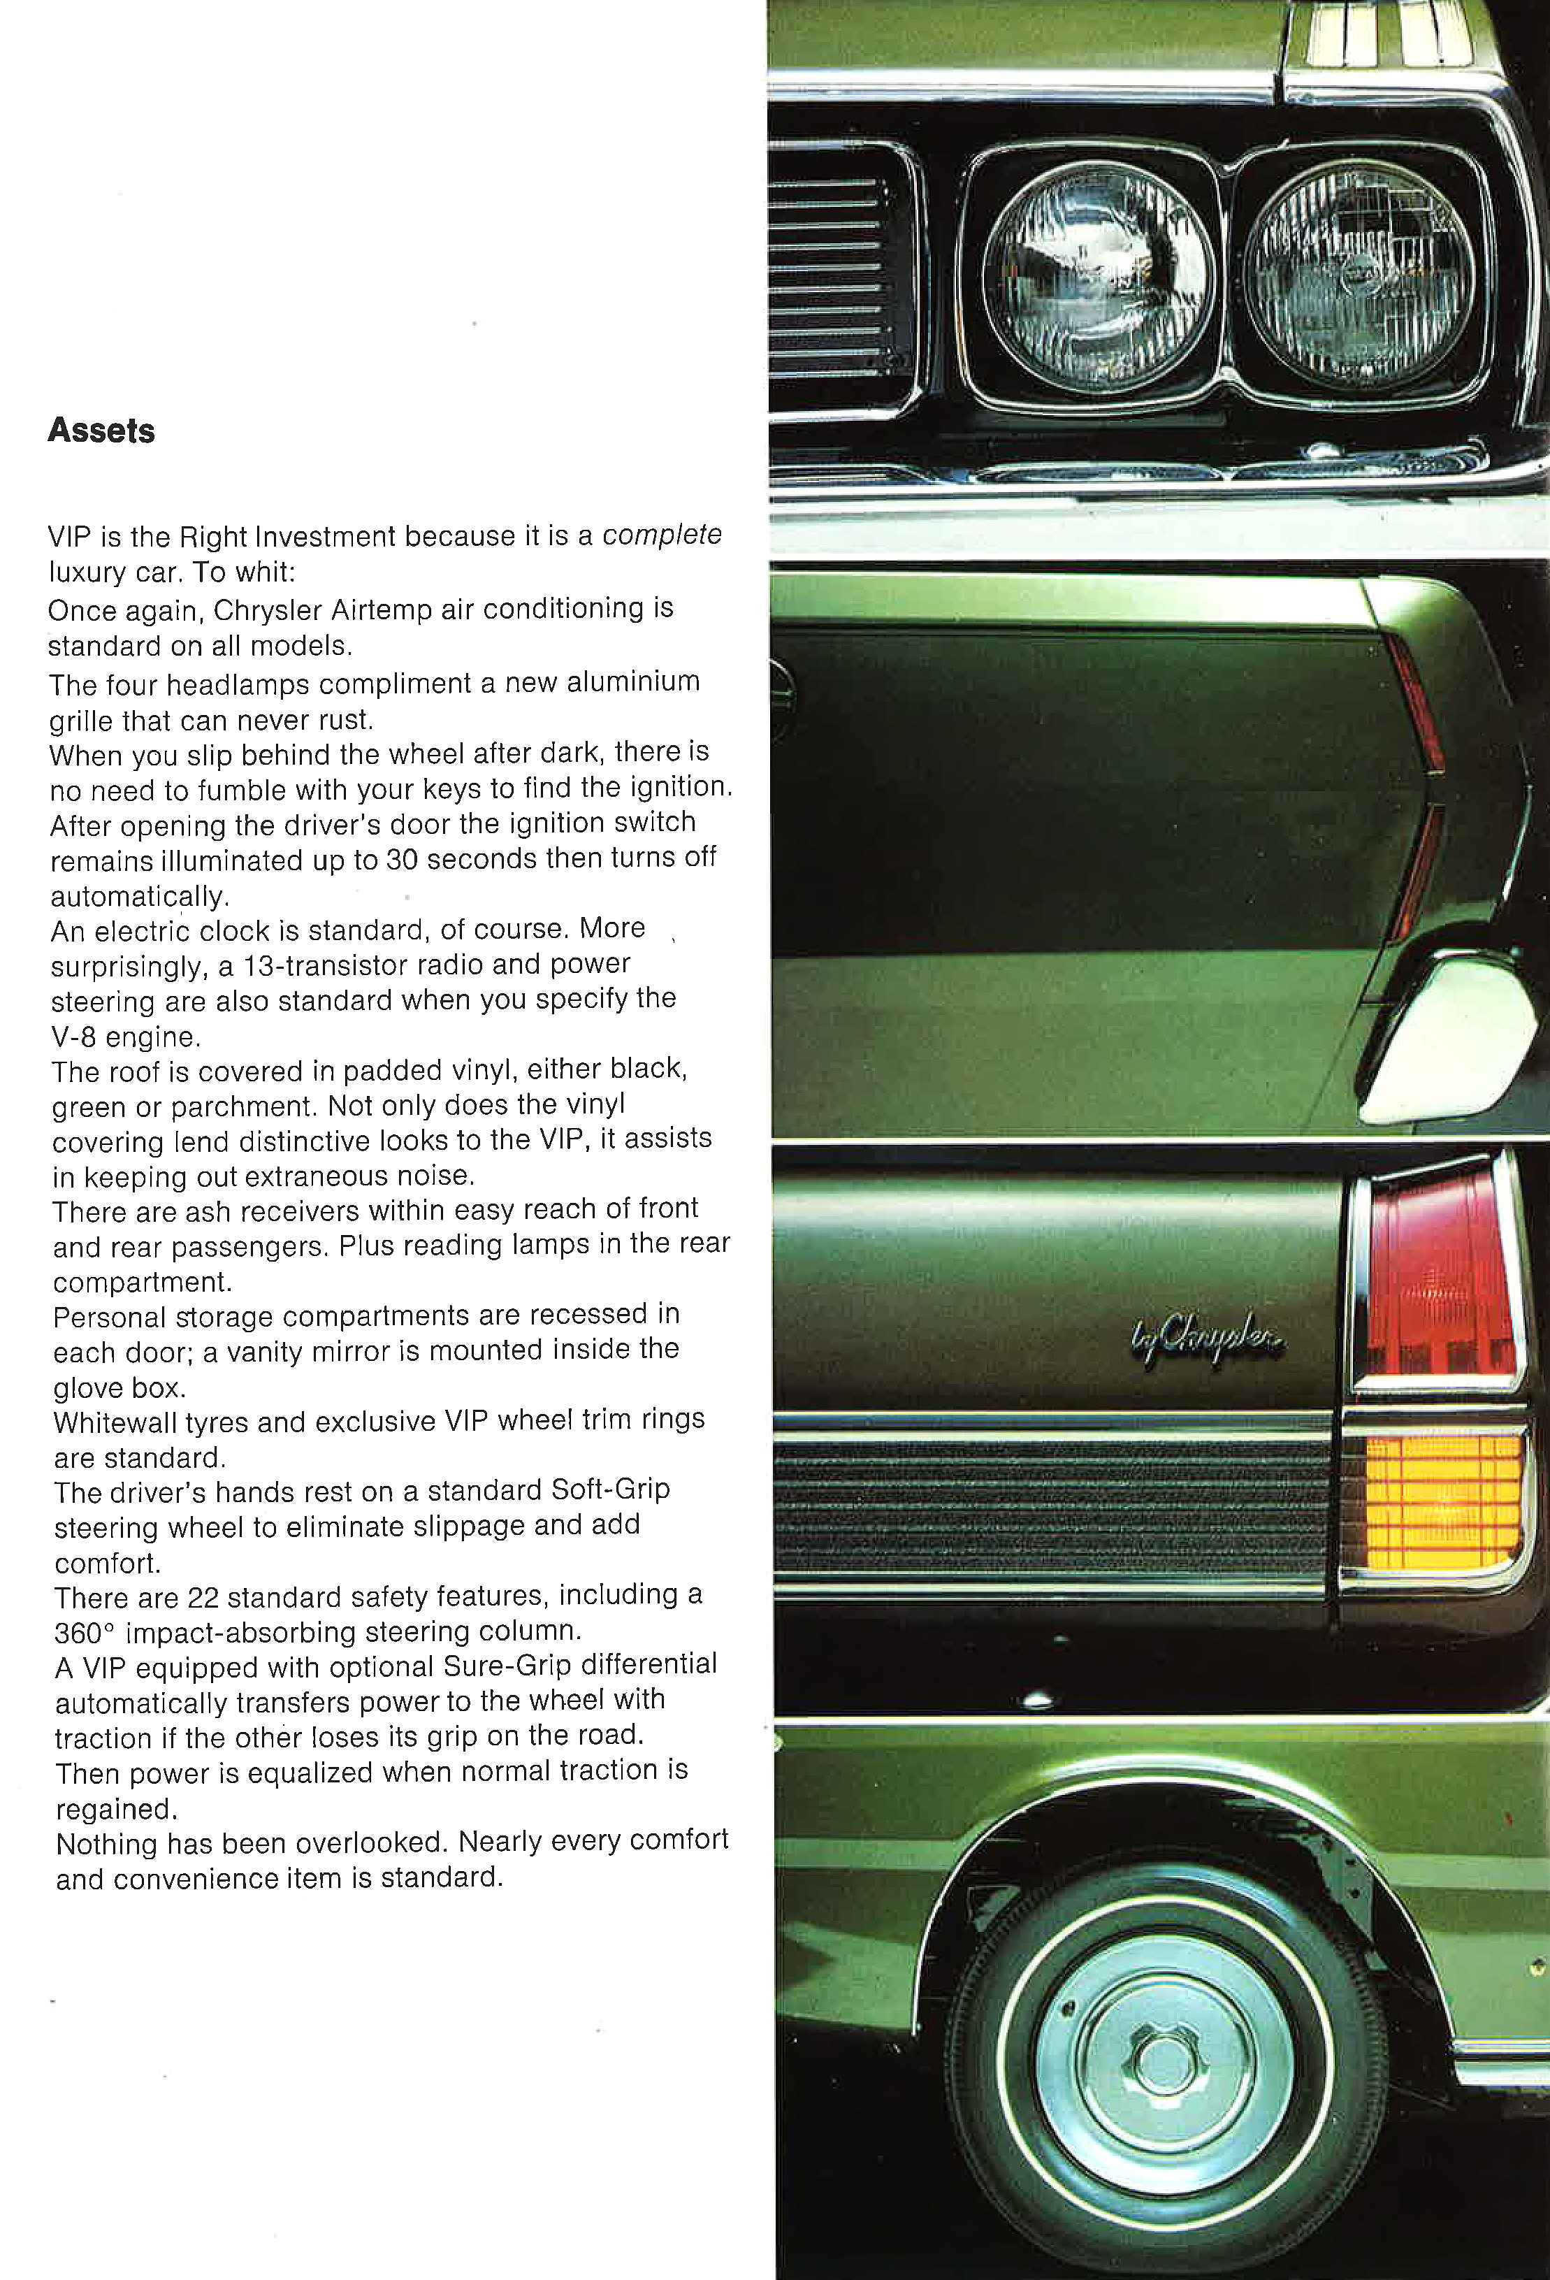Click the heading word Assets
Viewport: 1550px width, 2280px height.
tap(101, 431)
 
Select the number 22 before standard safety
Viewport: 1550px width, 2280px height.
tap(203, 1598)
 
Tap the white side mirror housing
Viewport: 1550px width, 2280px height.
tap(1452, 1040)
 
